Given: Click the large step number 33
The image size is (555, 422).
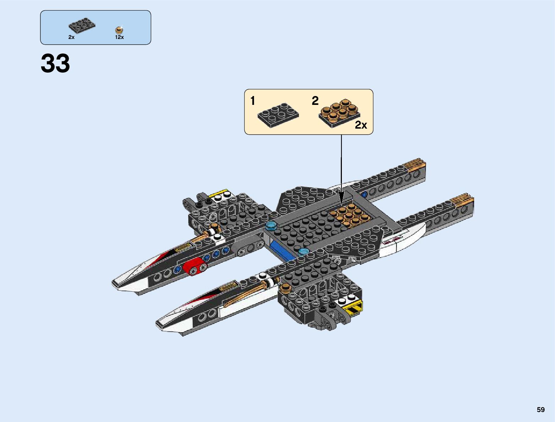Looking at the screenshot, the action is [x=55, y=64].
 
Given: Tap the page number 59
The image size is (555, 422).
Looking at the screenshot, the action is [x=540, y=410].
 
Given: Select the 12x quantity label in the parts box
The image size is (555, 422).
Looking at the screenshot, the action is [x=119, y=37].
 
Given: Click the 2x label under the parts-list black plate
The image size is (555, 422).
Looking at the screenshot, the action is [x=71, y=37].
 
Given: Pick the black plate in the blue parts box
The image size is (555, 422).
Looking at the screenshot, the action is [x=82, y=26].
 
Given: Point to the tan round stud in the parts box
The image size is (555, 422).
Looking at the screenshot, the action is [x=120, y=30].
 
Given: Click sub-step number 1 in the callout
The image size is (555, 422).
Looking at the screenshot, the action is [x=252, y=101].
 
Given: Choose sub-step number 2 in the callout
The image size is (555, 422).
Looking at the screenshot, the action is [x=315, y=101].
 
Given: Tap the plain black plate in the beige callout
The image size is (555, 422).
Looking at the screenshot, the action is [x=278, y=114].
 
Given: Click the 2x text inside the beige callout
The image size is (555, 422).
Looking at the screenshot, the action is [x=361, y=125].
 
